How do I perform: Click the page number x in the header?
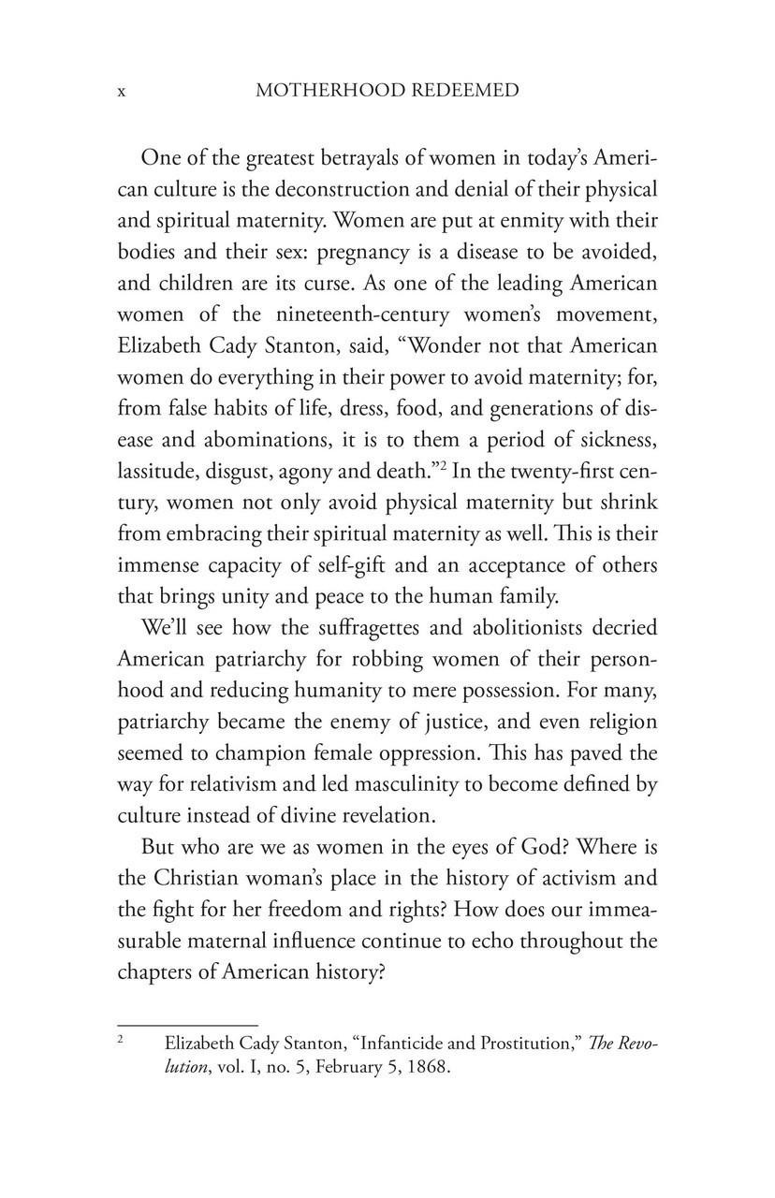click(122, 92)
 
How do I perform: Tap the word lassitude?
click(154, 472)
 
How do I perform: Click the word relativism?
click(227, 754)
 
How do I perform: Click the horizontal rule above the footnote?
click(187, 1026)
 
